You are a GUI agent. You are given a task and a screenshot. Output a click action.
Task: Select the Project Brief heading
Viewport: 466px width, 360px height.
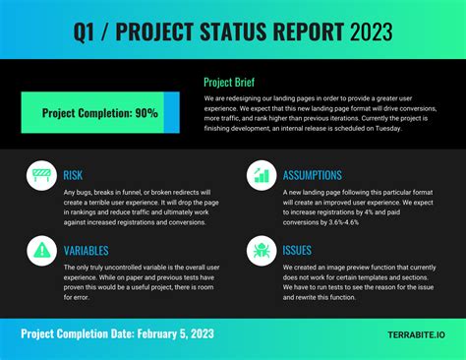(235, 83)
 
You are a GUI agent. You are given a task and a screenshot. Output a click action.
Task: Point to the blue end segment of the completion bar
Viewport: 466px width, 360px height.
(171, 113)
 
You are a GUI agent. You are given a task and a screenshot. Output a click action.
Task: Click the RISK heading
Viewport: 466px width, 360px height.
(73, 174)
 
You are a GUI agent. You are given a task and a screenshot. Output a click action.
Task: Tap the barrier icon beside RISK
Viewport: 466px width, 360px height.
(40, 176)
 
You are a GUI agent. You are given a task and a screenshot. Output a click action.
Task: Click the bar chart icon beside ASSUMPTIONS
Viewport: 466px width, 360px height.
(261, 176)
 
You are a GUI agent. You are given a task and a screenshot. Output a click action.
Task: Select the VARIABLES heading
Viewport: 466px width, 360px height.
(87, 250)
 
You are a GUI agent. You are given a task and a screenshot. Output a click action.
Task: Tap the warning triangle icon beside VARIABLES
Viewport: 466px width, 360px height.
(40, 251)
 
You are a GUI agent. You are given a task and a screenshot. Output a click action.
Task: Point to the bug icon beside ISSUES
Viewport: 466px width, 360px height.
(261, 251)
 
